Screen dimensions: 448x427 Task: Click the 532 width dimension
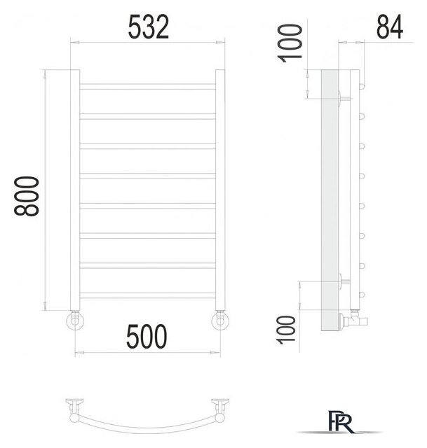(x=148, y=29)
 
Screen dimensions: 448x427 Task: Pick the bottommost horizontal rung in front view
(x=148, y=265)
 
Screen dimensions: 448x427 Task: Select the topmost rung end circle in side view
(x=363, y=86)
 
